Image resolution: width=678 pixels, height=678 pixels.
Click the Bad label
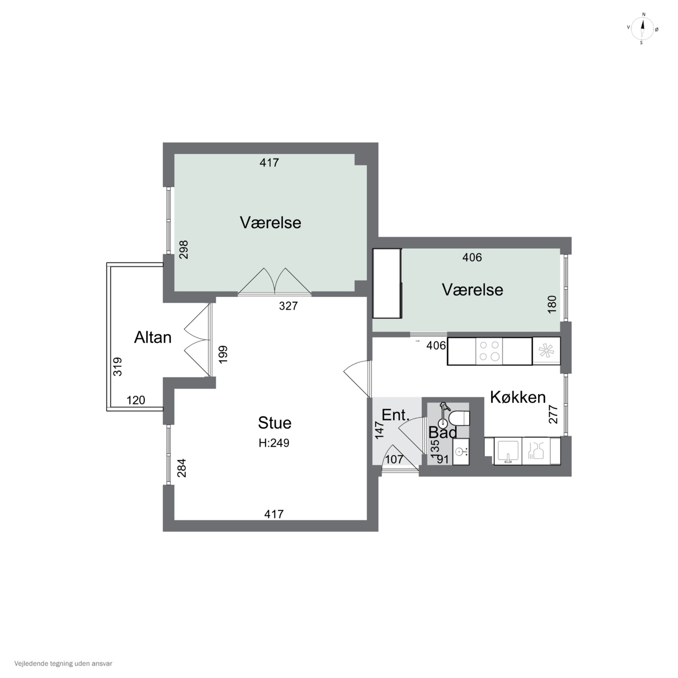click(x=443, y=433)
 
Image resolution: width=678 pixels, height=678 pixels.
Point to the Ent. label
click(x=395, y=415)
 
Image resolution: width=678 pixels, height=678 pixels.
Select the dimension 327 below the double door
click(x=288, y=306)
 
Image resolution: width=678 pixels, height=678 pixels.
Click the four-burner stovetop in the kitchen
click(x=489, y=351)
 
